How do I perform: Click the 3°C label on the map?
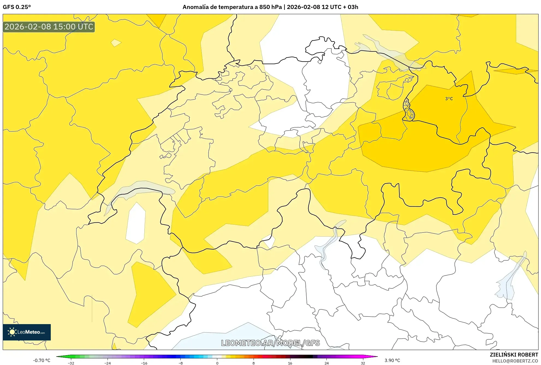pyautogui.click(x=449, y=99)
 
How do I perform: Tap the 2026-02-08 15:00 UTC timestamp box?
pyautogui.click(x=49, y=27)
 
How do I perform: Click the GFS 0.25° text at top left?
pyautogui.click(x=17, y=7)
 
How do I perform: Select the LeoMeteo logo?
pyautogui.click(x=27, y=332)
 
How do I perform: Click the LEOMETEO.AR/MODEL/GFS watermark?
pyautogui.click(x=270, y=343)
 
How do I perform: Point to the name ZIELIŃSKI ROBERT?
pyautogui.click(x=514, y=355)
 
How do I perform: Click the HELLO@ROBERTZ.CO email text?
pyautogui.click(x=515, y=361)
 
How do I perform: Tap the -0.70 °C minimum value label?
pyautogui.click(x=42, y=360)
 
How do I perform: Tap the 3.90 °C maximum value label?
pyautogui.click(x=392, y=360)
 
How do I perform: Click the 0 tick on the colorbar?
pyautogui.click(x=217, y=363)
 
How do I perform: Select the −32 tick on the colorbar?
pyautogui.click(x=71, y=363)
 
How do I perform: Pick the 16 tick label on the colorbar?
pyautogui.click(x=290, y=363)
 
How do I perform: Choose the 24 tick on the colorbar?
pyautogui.click(x=326, y=363)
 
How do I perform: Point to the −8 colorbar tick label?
pyautogui.click(x=180, y=363)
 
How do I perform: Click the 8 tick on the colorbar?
pyautogui.click(x=254, y=363)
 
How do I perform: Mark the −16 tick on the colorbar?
pyautogui.click(x=144, y=363)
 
